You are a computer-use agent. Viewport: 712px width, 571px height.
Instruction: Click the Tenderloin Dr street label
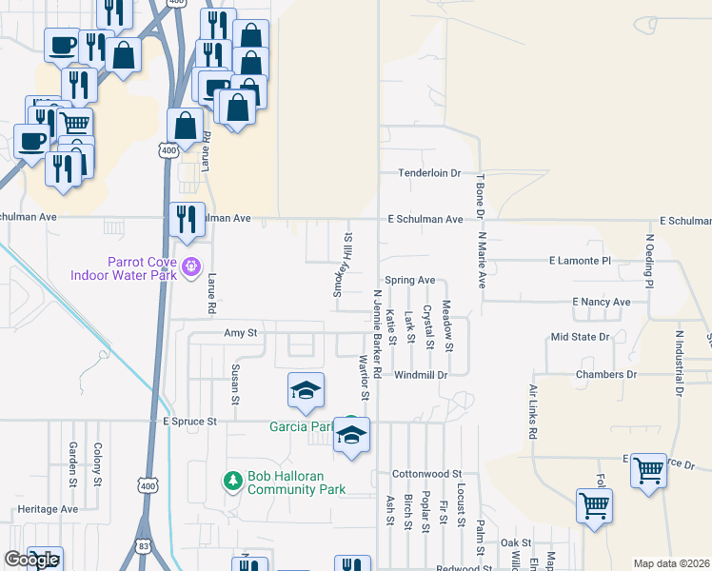pyautogui.click(x=428, y=173)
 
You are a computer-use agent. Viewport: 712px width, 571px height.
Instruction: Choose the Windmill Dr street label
pyautogui.click(x=422, y=375)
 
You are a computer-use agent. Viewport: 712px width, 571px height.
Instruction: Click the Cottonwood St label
pyautogui.click(x=426, y=473)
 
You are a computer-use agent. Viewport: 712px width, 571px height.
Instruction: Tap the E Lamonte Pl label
pyautogui.click(x=580, y=260)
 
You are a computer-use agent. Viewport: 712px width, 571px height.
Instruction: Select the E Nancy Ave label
pyautogui.click(x=602, y=302)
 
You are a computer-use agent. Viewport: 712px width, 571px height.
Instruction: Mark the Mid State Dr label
pyautogui.click(x=580, y=337)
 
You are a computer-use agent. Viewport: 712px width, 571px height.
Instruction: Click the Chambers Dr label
pyautogui.click(x=605, y=375)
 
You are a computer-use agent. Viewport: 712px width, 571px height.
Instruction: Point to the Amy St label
pyautogui.click(x=240, y=334)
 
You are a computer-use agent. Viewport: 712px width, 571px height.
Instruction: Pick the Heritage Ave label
pyautogui.click(x=48, y=509)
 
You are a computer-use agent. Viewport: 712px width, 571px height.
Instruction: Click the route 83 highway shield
pyautogui.click(x=143, y=546)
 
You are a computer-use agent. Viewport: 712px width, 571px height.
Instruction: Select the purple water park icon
pyautogui.click(x=191, y=266)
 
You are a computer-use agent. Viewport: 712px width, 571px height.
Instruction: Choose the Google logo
pyautogui.click(x=31, y=560)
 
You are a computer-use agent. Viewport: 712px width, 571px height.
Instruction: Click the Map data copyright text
pyautogui.click(x=670, y=563)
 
